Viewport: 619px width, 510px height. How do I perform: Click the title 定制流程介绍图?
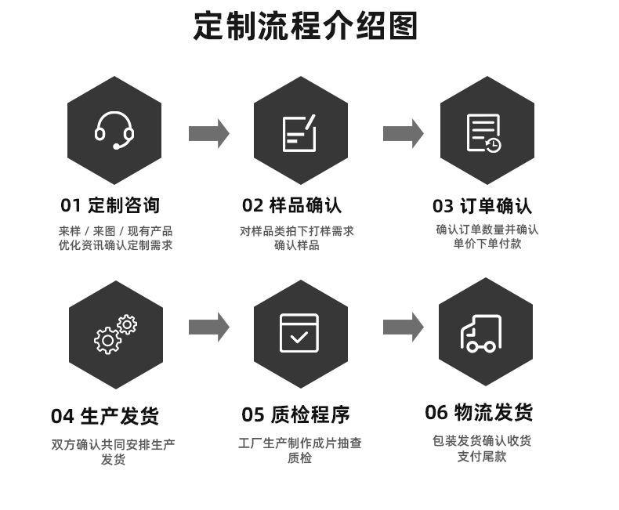[x=305, y=26]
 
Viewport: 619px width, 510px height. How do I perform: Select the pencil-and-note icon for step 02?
[x=299, y=133]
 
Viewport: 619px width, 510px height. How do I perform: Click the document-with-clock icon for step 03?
[x=484, y=133]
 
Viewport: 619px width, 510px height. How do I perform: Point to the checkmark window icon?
[x=299, y=333]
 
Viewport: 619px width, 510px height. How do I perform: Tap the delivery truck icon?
[x=481, y=334]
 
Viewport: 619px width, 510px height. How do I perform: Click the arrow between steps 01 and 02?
[x=209, y=133]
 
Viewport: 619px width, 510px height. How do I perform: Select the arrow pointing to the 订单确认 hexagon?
[x=403, y=133]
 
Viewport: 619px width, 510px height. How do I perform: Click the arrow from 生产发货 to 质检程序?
[x=209, y=327]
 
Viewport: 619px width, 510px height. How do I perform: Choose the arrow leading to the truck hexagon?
[x=403, y=327]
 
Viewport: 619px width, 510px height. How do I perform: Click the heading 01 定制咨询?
[x=110, y=205]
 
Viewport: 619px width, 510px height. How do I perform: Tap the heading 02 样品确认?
[x=291, y=205]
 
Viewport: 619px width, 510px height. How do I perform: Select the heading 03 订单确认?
[x=482, y=206]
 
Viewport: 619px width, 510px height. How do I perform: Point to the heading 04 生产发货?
[x=105, y=416]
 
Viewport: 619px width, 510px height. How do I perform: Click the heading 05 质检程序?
[x=295, y=414]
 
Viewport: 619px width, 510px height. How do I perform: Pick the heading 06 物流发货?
[x=479, y=412]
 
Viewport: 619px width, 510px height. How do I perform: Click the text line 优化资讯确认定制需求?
[x=116, y=245]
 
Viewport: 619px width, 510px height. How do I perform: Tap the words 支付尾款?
[x=482, y=456]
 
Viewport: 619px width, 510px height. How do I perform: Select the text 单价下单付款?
[x=487, y=244]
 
